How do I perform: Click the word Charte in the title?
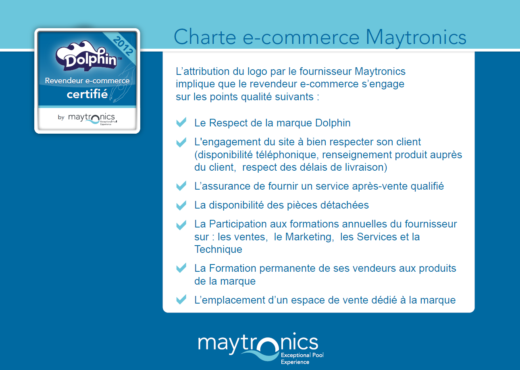[x=205, y=37]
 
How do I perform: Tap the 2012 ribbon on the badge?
[x=123, y=46]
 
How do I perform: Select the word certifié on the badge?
[x=87, y=94]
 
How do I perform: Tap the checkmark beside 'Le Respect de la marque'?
[x=181, y=122]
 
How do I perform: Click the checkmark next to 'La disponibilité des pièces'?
[x=181, y=205]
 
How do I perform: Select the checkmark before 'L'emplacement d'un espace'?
[x=181, y=299]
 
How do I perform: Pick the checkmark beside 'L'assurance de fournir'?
[x=181, y=186]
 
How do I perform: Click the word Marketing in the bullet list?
[x=310, y=237]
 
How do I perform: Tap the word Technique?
[x=218, y=250]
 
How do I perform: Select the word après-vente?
[x=380, y=186]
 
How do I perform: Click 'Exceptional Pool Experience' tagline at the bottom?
[x=302, y=358]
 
